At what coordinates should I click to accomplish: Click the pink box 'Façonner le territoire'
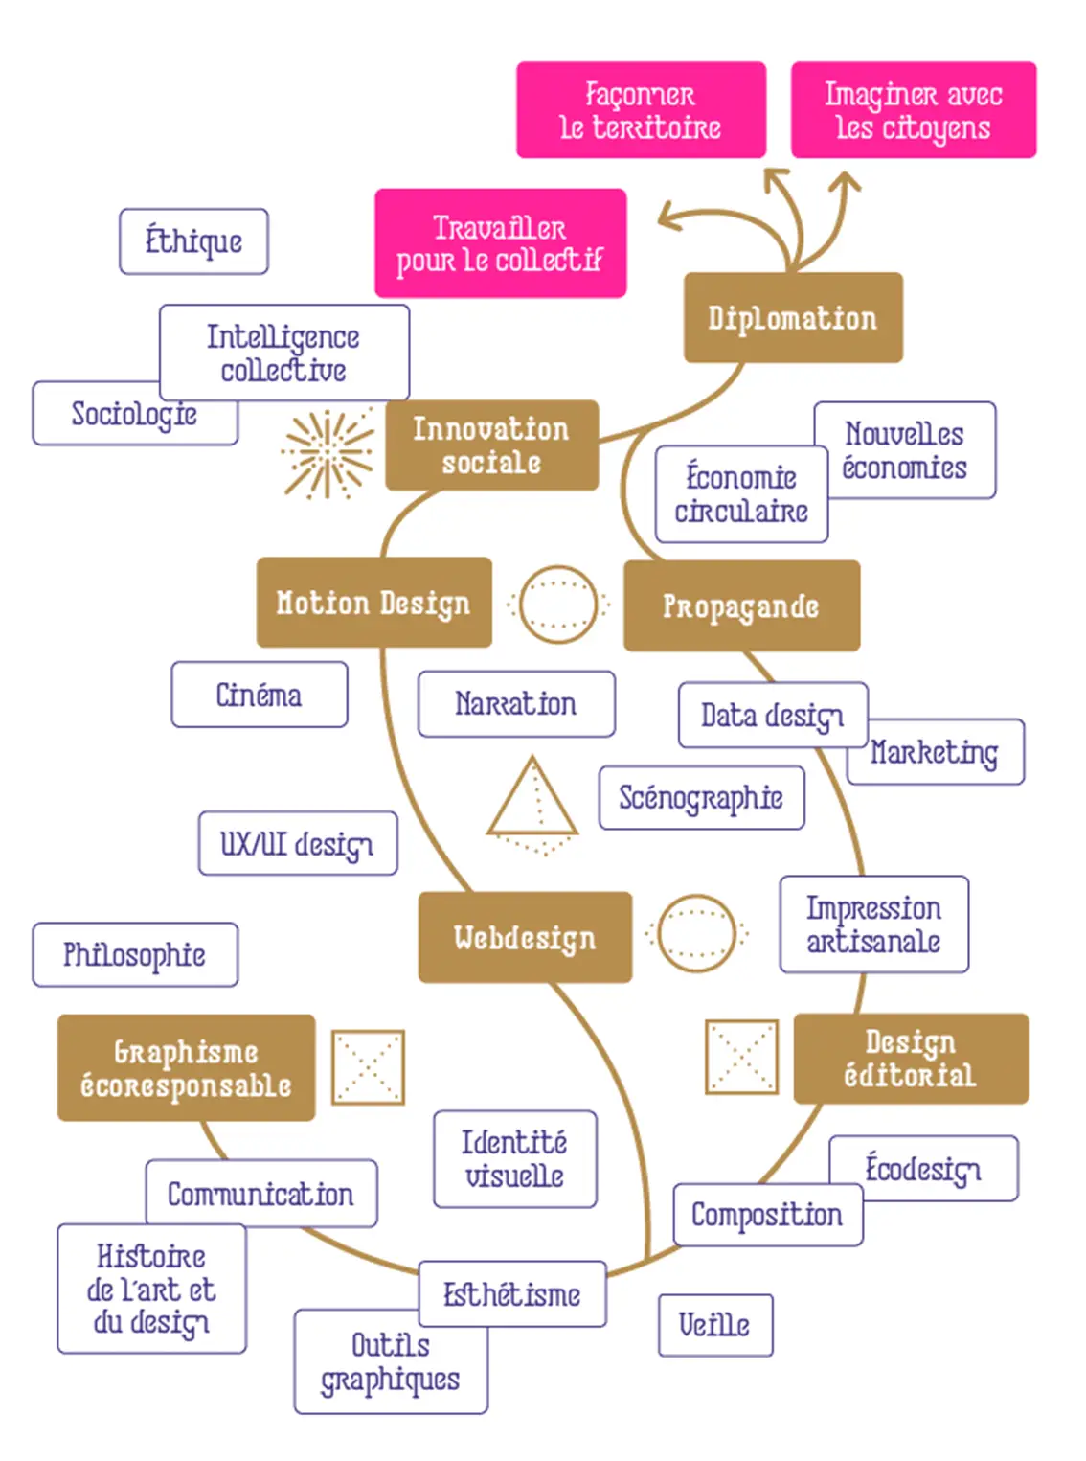coord(641,110)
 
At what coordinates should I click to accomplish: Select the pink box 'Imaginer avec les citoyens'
coord(913,110)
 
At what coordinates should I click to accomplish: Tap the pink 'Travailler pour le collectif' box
coord(500,243)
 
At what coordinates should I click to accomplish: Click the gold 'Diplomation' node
coord(793,318)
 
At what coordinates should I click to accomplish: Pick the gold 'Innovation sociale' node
coord(491,445)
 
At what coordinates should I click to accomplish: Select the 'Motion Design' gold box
coord(373,603)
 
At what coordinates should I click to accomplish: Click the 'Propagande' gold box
coord(741,606)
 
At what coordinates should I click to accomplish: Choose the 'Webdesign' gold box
coord(525,937)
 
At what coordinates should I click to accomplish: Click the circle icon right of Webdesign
coord(696,934)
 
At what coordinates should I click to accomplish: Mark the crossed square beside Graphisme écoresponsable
coord(368,1067)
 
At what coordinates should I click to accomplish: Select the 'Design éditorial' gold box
coord(911,1059)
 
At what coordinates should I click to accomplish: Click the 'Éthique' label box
coord(193,241)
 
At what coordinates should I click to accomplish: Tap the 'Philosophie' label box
coord(135,955)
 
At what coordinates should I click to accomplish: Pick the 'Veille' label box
coord(714,1325)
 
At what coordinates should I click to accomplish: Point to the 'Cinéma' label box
coord(259,695)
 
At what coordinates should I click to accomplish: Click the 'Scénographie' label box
coord(701,797)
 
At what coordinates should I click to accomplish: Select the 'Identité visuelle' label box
coord(514,1159)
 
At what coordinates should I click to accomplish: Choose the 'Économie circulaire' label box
coord(741,494)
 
